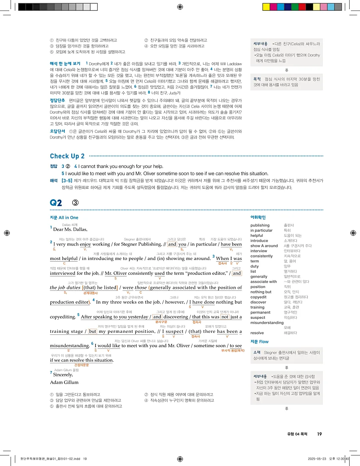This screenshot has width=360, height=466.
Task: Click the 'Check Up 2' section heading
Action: click(67, 156)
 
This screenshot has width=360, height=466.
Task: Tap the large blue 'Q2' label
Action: click(56, 203)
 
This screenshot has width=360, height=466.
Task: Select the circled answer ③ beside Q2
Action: click(75, 203)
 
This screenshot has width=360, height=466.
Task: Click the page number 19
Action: click(319, 434)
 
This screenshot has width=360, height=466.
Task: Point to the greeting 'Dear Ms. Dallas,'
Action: click(70, 229)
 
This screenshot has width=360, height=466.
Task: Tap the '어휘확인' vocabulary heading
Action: click(258, 218)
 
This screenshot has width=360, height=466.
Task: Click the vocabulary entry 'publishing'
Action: click(260, 226)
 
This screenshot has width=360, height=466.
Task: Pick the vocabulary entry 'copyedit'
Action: click(258, 297)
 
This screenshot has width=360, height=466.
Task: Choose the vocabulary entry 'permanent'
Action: click(260, 312)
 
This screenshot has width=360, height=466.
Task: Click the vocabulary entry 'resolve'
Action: click(257, 333)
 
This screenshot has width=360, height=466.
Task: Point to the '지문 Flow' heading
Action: click(260, 342)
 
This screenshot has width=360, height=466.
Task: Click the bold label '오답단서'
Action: click(58, 131)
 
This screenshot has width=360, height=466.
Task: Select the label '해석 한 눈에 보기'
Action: click(65, 64)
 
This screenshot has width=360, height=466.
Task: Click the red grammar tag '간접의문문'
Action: click(82, 365)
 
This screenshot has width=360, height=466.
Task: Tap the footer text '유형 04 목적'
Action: click(298, 434)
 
